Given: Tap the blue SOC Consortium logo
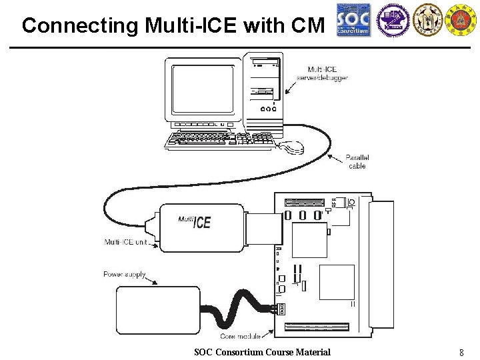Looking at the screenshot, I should click(x=353, y=20).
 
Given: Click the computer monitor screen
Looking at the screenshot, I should click(x=203, y=89).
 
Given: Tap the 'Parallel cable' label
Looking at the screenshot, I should click(x=357, y=161).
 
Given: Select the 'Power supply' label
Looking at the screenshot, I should click(x=124, y=274).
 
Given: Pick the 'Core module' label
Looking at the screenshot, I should click(x=240, y=337).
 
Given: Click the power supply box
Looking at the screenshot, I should click(x=158, y=311).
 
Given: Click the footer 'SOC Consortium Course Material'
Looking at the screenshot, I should click(x=262, y=352).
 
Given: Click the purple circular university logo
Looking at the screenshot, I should click(x=392, y=19).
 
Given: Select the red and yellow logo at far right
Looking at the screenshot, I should click(x=460, y=19).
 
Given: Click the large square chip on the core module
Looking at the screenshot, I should click(x=337, y=282).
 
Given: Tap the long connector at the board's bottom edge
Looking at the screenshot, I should click(x=317, y=327).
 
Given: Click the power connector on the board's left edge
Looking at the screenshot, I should click(x=280, y=309).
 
